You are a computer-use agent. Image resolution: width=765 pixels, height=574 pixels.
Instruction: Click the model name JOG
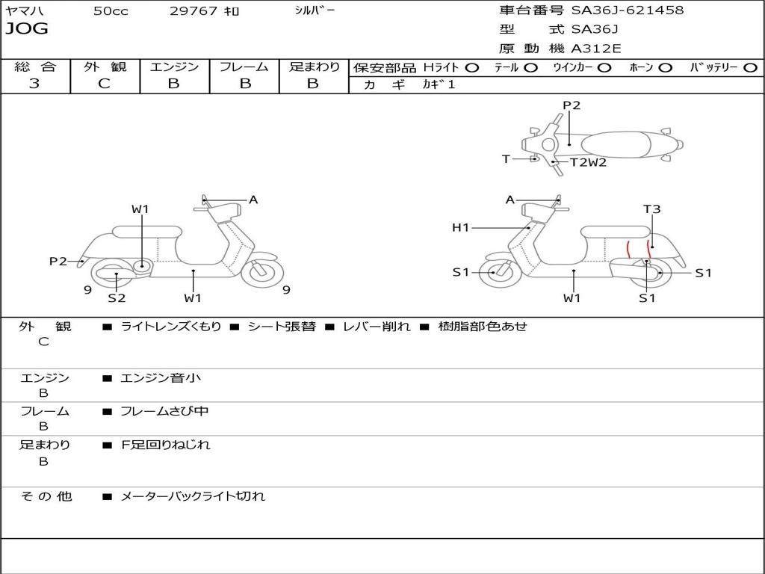pyautogui.click(x=27, y=29)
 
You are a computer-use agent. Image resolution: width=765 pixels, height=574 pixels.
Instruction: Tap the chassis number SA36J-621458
pyautogui.click(x=628, y=10)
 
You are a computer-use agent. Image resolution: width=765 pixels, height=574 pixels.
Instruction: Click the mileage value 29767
pyautogui.click(x=193, y=11)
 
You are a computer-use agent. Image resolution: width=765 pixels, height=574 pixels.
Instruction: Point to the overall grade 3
pyautogui.click(x=34, y=84)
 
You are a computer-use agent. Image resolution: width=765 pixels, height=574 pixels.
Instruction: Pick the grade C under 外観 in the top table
pyautogui.click(x=104, y=84)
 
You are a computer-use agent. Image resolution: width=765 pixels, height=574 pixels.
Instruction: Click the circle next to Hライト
pyautogui.click(x=472, y=68)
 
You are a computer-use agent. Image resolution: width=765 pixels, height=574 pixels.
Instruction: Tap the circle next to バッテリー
pyautogui.click(x=750, y=68)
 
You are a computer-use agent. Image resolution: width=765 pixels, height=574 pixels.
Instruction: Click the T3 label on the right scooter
pyautogui.click(x=651, y=209)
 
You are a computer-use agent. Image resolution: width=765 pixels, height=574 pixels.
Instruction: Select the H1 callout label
pyautogui.click(x=460, y=227)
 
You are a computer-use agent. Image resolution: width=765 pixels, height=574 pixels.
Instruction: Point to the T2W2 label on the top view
pyautogui.click(x=589, y=162)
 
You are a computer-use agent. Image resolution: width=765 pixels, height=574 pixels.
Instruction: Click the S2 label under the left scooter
pyautogui.click(x=117, y=297)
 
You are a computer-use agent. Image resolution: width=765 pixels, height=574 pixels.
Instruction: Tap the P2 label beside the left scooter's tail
pyautogui.click(x=58, y=261)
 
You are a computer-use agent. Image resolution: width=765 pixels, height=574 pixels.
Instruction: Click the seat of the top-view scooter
pyautogui.click(x=616, y=145)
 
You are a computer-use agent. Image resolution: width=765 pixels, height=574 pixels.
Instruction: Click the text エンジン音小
pyautogui.click(x=161, y=377)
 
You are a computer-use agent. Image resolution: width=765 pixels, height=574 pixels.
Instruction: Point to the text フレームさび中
pyautogui.click(x=164, y=412)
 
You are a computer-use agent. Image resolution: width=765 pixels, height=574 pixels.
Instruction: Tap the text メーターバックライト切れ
pyautogui.click(x=193, y=496)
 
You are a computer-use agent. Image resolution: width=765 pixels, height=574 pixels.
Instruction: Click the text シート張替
pyautogui.click(x=282, y=327)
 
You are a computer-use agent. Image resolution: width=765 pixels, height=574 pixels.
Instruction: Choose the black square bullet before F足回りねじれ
pyautogui.click(x=108, y=445)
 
